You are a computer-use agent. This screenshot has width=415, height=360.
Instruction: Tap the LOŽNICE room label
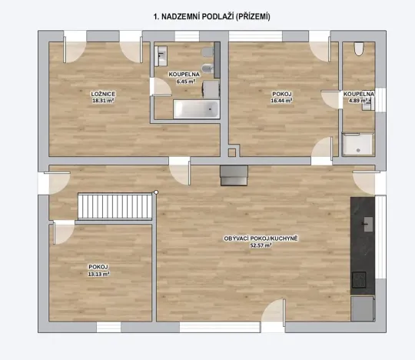pyautogui.click(x=103, y=93)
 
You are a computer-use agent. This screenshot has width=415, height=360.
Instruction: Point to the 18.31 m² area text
pyautogui.click(x=103, y=101)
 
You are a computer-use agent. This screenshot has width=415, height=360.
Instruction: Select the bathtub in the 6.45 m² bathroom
pyautogui.click(x=193, y=108)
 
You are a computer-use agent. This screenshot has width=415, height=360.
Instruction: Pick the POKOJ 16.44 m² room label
pyautogui.click(x=282, y=94)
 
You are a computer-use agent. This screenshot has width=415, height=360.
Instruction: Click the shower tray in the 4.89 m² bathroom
pyautogui.click(x=357, y=145)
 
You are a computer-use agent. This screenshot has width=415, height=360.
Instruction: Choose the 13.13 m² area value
pyautogui.click(x=98, y=274)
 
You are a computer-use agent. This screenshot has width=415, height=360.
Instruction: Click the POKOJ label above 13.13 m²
pyautogui.click(x=98, y=266)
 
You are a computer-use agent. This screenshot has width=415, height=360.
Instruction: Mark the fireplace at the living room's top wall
pyautogui.click(x=234, y=176)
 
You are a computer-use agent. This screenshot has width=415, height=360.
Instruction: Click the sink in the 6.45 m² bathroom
pyautogui.click(x=161, y=55)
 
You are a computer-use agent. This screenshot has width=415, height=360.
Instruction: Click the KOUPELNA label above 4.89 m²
pyautogui.click(x=359, y=94)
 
